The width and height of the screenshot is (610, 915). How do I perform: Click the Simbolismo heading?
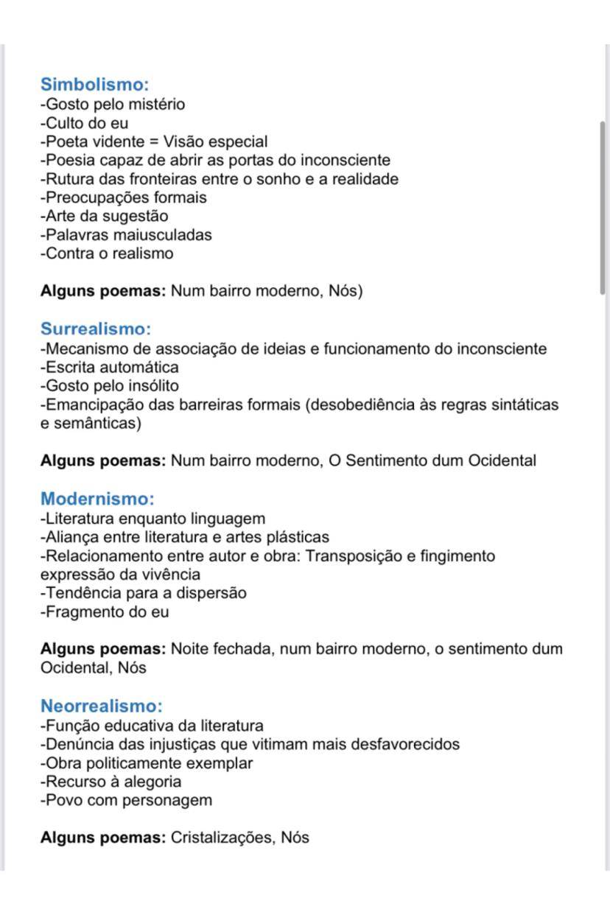(x=95, y=85)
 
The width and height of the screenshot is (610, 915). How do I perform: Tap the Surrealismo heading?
(x=96, y=329)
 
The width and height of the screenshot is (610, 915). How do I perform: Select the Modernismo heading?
(x=97, y=499)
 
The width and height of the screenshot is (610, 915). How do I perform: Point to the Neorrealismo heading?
(x=102, y=707)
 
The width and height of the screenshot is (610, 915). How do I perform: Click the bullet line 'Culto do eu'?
(x=84, y=123)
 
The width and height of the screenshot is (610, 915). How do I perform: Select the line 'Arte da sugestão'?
(x=104, y=217)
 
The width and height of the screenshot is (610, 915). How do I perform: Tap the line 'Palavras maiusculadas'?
(x=126, y=235)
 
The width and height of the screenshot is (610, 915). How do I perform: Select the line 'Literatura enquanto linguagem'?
(x=152, y=519)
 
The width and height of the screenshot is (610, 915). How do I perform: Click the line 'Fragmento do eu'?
(x=105, y=612)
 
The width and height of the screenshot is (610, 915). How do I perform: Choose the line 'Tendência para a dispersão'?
(x=143, y=593)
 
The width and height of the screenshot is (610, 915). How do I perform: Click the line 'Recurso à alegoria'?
(x=111, y=782)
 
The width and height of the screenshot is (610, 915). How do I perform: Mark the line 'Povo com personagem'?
(x=126, y=800)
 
